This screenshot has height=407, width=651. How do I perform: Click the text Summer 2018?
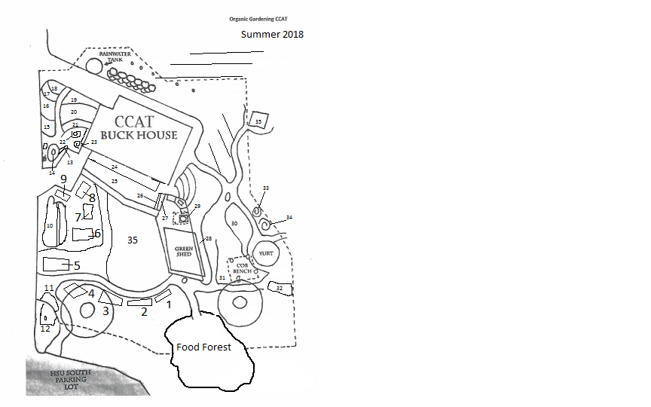272,35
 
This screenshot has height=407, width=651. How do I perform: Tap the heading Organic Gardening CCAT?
258,18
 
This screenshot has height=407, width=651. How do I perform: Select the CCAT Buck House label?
145,127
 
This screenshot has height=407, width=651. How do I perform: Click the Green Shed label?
184,252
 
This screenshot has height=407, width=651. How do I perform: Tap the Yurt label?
265,254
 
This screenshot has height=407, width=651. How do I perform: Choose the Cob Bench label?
242,268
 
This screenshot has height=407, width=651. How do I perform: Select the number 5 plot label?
77,265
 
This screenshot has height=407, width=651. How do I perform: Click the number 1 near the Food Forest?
170,304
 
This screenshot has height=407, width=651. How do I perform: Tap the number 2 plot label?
142,312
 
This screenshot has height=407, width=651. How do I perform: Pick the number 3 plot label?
105,310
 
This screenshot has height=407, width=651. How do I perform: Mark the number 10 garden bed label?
50,225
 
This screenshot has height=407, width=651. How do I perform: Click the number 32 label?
280,289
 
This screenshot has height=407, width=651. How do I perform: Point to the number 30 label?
234,223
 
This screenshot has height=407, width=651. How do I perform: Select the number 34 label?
289,218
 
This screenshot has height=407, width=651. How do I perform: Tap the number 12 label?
45,329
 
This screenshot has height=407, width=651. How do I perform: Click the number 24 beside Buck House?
115,167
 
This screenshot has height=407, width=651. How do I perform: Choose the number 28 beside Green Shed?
209,238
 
